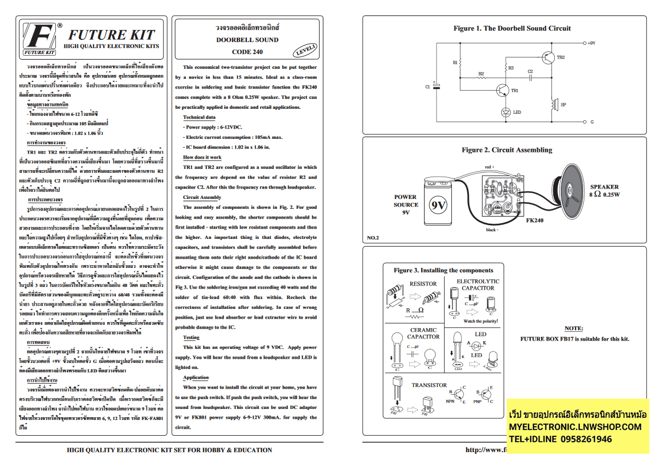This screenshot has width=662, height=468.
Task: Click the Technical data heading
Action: click(199, 118)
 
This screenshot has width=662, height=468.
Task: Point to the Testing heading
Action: click(191, 337)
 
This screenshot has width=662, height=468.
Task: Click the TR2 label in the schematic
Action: click(560, 57)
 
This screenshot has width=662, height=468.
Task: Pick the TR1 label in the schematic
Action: click(514, 91)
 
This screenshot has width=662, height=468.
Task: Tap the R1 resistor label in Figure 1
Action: click(455, 63)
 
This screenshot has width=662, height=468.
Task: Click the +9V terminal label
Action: click(591, 43)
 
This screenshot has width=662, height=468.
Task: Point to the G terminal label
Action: click(591, 121)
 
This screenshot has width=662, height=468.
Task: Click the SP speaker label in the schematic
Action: click(564, 103)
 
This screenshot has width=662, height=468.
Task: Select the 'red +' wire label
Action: click(489, 167)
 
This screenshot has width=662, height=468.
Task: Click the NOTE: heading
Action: click(573, 329)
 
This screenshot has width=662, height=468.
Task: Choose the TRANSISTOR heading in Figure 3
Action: click(429, 385)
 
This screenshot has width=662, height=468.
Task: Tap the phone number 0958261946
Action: click(583, 440)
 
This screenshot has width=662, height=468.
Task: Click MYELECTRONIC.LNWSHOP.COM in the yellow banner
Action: click(574, 427)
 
